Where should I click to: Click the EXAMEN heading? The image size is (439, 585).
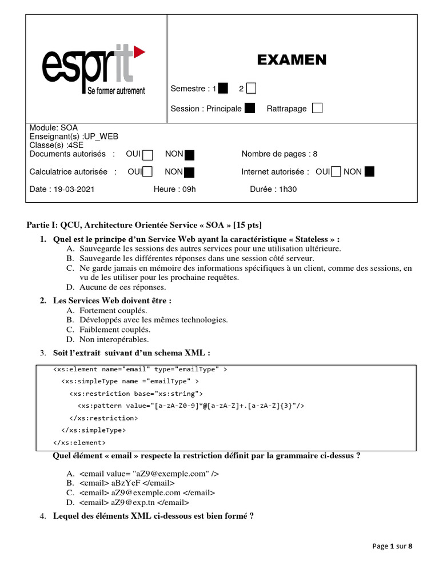292,60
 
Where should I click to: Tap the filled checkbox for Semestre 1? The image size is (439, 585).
223,89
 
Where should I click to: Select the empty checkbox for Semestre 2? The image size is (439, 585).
251,89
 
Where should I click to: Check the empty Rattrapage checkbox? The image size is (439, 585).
317,109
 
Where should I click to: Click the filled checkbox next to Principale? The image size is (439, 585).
250,109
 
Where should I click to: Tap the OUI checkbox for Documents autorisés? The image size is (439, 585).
148,154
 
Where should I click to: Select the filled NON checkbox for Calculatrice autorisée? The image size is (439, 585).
189,172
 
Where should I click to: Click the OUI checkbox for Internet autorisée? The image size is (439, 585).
336,171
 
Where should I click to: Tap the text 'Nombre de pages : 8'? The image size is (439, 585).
279,154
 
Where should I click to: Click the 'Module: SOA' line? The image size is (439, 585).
53,128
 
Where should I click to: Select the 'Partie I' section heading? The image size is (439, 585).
145,225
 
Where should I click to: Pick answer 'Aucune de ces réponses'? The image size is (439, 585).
122,287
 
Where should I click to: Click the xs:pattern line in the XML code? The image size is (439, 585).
191,406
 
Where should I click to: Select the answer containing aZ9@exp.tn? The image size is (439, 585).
134,502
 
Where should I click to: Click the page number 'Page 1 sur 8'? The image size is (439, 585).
392,546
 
